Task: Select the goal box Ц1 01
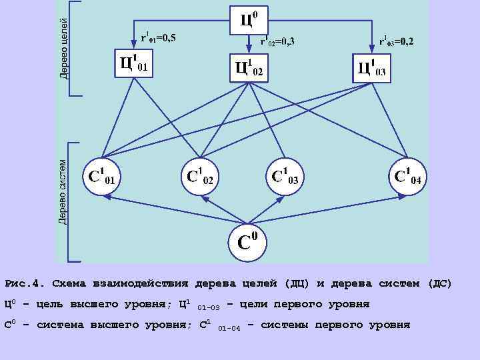point(134,63)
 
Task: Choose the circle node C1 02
point(201,175)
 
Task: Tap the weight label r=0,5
point(159,37)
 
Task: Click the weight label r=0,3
point(278,42)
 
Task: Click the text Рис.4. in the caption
point(24,283)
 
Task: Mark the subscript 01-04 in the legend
point(229,328)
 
